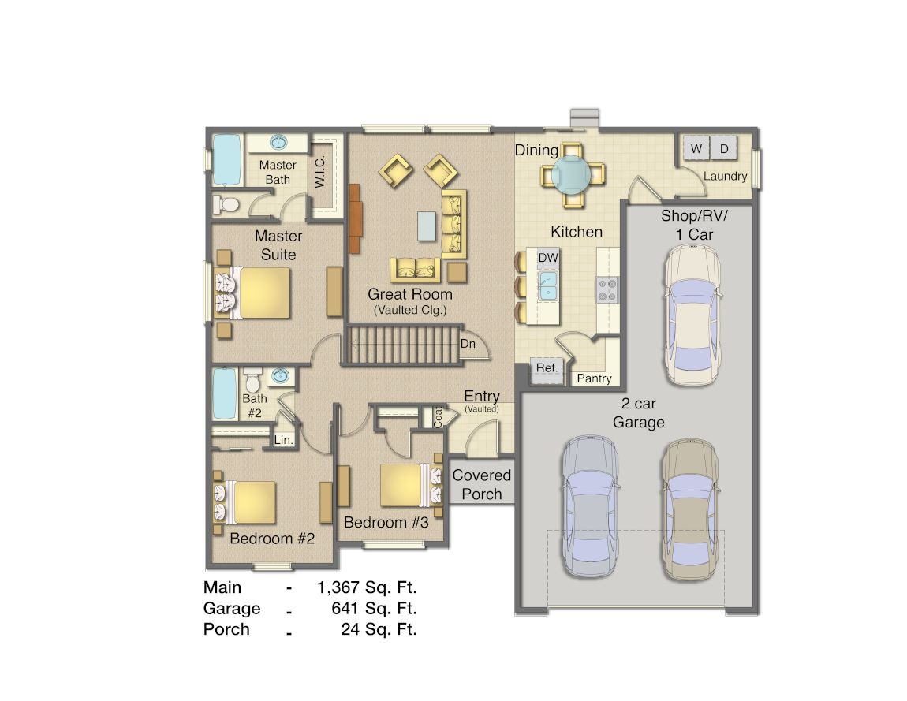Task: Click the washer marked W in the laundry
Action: [696, 148]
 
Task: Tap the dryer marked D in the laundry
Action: [724, 148]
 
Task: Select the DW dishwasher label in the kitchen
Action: [548, 258]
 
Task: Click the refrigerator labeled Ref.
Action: [547, 368]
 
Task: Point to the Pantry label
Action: [594, 378]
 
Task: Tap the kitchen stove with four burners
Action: [607, 289]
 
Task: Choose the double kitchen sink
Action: [548, 285]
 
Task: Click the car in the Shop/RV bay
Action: [692, 315]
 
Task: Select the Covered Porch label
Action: [482, 484]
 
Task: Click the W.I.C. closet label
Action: [320, 170]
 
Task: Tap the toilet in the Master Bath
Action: [227, 204]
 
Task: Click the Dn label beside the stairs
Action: [467, 344]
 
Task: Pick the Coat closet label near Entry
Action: [438, 416]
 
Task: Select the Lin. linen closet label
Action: [283, 440]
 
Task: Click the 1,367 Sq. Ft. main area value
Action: [367, 587]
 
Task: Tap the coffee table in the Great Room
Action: [427, 226]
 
